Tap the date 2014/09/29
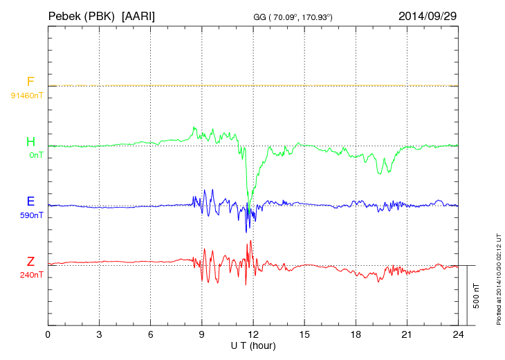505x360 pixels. point(428,15)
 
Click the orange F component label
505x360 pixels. point(30,82)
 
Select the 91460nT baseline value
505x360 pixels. point(27,95)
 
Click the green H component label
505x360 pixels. point(30,142)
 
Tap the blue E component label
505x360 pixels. point(30,201)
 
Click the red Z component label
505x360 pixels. point(30,262)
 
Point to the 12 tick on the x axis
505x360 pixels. point(253,334)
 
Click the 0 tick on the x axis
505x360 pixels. point(48,334)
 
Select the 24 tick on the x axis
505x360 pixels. point(458,334)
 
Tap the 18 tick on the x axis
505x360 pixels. point(356,334)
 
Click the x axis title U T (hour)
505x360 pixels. point(253,345)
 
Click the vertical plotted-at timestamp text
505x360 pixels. point(498,277)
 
